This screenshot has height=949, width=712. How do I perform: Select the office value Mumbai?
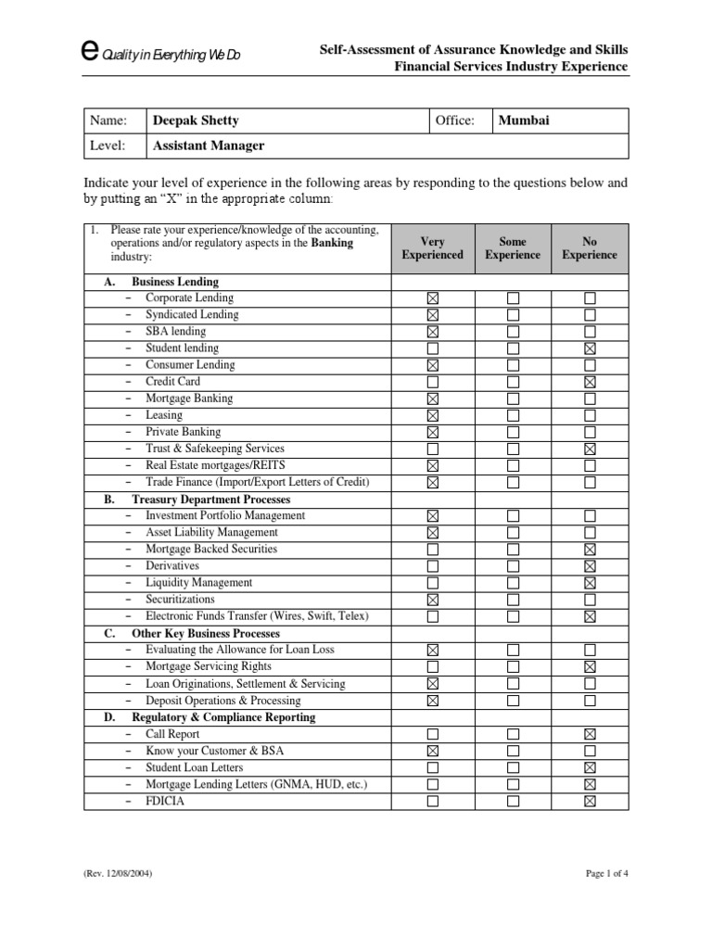524,120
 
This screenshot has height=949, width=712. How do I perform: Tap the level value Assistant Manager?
209,146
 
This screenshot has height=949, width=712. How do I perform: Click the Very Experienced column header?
432,248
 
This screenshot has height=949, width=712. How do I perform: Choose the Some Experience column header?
513,248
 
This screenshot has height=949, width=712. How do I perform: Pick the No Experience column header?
589,248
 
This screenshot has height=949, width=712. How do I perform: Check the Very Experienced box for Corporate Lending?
433,298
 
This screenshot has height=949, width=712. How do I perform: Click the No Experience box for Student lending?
590,348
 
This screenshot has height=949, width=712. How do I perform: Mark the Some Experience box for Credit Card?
513,382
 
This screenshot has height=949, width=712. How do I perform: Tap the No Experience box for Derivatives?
590,566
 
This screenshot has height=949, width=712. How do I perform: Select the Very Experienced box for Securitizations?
433,600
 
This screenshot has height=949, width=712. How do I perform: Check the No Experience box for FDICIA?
590,802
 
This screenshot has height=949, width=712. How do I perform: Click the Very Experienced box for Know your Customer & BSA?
433,752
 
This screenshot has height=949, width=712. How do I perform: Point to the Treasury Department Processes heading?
210,500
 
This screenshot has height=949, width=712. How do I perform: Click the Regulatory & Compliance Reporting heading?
222,717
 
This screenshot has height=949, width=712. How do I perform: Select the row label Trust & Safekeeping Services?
215,449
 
